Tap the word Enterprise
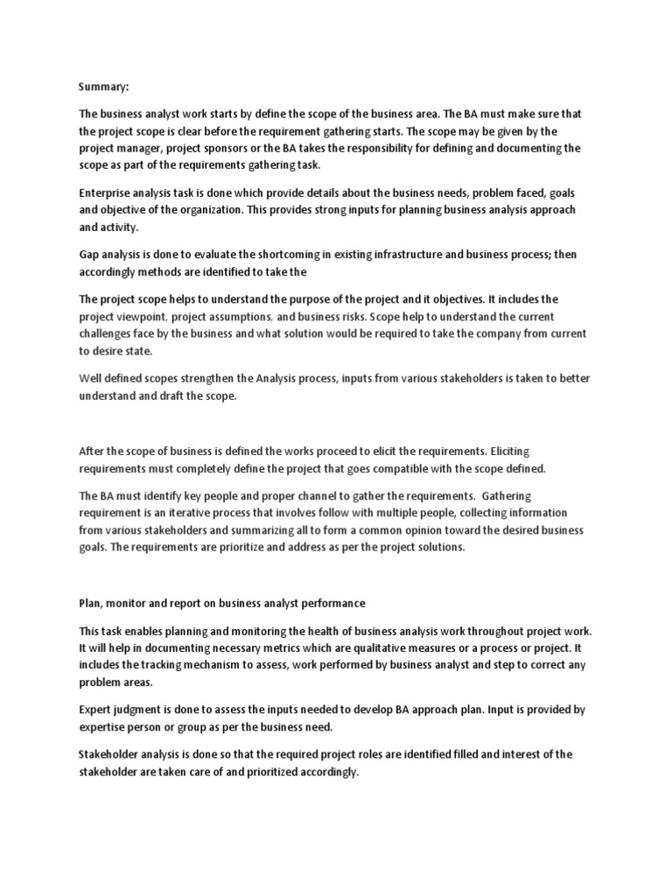pyautogui.click(x=108, y=192)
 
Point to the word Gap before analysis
pyautogui.click(x=91, y=254)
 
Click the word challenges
pyautogui.click(x=107, y=333)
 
